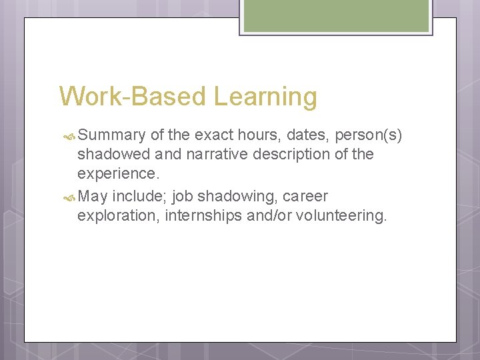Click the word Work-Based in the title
133,97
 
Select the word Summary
111,135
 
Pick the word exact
213,135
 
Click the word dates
309,135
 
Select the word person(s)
369,136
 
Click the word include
139,197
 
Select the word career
305,197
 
